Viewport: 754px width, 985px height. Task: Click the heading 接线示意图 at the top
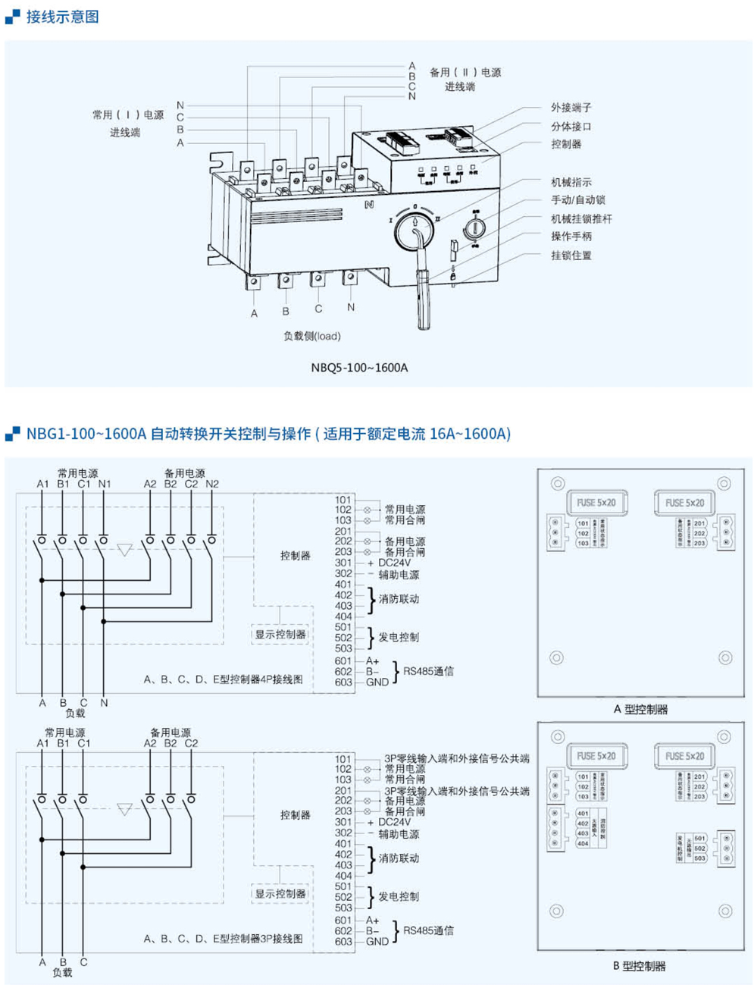pyautogui.click(x=62, y=17)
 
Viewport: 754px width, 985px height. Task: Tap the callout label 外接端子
pyautogui.click(x=571, y=108)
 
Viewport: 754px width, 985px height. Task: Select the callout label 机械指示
pyautogui.click(x=571, y=182)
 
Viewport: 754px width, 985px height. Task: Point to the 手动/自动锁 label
pyautogui.click(x=577, y=200)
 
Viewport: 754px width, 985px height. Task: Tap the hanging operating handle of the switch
pyautogui.click(x=423, y=296)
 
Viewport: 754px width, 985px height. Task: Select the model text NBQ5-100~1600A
pyautogui.click(x=359, y=368)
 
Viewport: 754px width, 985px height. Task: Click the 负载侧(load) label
pyautogui.click(x=311, y=336)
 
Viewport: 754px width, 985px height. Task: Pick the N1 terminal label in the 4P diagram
pyautogui.click(x=105, y=484)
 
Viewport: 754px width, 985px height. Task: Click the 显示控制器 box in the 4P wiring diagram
pyautogui.click(x=280, y=635)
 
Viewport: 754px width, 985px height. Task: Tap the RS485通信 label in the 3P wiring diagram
pyautogui.click(x=428, y=930)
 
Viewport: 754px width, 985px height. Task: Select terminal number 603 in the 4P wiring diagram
pyautogui.click(x=343, y=682)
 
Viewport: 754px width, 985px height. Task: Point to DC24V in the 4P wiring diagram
pyautogui.click(x=394, y=563)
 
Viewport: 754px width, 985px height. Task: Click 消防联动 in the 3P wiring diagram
pyautogui.click(x=399, y=858)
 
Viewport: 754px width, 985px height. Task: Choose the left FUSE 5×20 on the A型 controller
pyautogui.click(x=596, y=503)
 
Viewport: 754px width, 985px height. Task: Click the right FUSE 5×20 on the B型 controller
pyautogui.click(x=685, y=756)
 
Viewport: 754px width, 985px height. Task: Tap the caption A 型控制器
pyautogui.click(x=640, y=710)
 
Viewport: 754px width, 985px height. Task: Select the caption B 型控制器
pyautogui.click(x=639, y=966)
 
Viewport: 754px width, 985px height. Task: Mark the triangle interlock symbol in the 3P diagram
pyautogui.click(x=125, y=810)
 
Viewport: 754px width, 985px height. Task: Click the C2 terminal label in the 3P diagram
pyautogui.click(x=191, y=743)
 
